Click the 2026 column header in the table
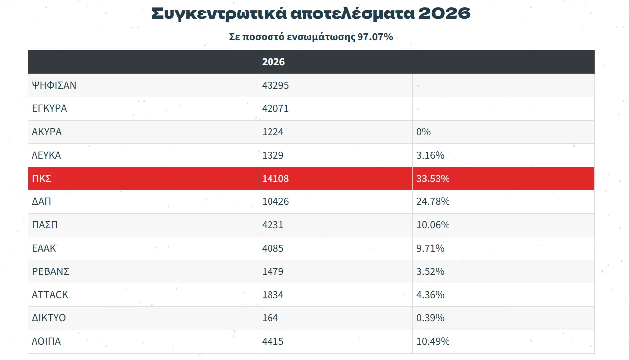tap(273, 62)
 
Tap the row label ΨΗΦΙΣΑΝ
tap(54, 85)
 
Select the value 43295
tap(275, 85)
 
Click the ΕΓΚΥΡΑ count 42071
tap(275, 108)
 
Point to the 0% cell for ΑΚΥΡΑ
tap(423, 132)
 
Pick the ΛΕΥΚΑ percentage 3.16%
tap(430, 155)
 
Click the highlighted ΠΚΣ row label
tap(41, 179)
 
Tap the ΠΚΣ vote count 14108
tap(275, 179)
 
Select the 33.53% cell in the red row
tap(433, 179)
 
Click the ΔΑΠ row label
tap(41, 201)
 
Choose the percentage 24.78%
tap(433, 201)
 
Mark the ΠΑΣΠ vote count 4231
tap(272, 225)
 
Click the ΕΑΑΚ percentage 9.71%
tap(430, 248)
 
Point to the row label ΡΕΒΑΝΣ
tap(50, 271)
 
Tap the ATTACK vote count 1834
tap(272, 294)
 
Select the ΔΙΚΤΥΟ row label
tap(49, 318)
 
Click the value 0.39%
tap(430, 318)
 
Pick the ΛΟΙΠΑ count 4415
tap(272, 341)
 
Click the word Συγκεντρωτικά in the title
tap(219, 14)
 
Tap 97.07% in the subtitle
tap(375, 37)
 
